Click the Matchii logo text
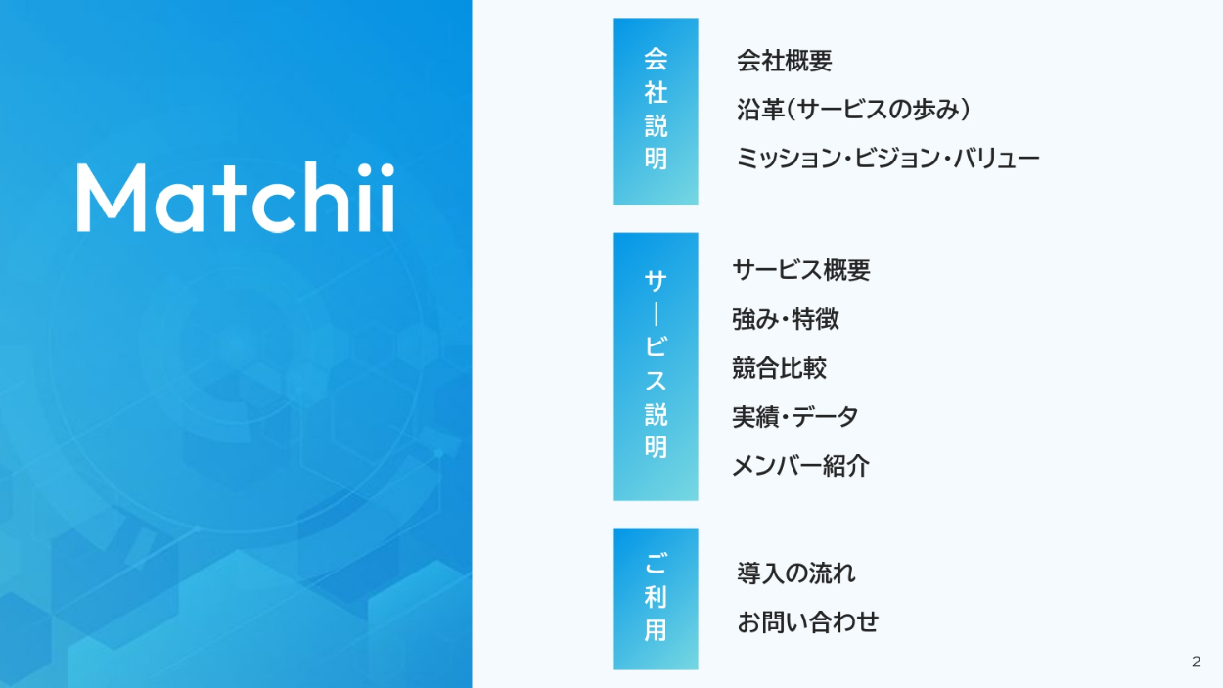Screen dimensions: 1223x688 pyautogui.click(x=236, y=197)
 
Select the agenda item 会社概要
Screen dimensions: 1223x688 pyautogui.click(x=784, y=60)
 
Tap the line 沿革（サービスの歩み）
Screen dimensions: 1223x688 pyautogui.click(x=853, y=110)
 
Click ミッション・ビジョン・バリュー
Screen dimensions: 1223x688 pyautogui.click(x=887, y=159)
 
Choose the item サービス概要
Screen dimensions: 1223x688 pyautogui.click(x=801, y=270)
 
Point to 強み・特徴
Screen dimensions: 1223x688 pyautogui.click(x=785, y=319)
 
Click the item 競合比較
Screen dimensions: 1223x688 pyautogui.click(x=779, y=367)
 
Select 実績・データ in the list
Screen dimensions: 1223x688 pyautogui.click(x=794, y=417)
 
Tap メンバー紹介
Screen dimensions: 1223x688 pyautogui.click(x=800, y=466)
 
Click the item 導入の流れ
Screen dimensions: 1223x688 pyautogui.click(x=796, y=573)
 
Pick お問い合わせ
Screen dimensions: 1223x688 pyautogui.click(x=807, y=621)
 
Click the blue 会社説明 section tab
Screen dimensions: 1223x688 pyautogui.click(x=656, y=111)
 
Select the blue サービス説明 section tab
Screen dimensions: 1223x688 pyautogui.click(x=656, y=366)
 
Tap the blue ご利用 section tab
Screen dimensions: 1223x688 pyautogui.click(x=656, y=599)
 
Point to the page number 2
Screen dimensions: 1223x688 pyautogui.click(x=1197, y=662)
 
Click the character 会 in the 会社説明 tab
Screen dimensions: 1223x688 pyautogui.click(x=656, y=59)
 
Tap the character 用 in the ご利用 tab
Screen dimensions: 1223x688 pyautogui.click(x=656, y=630)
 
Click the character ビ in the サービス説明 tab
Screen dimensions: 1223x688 pyautogui.click(x=656, y=345)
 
